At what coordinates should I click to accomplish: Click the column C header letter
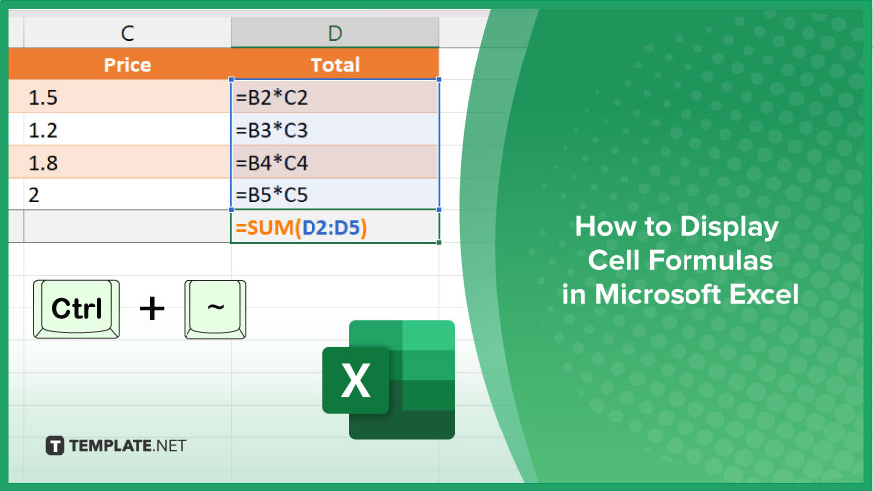pyautogui.click(x=128, y=34)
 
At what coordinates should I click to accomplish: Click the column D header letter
pyautogui.click(x=335, y=34)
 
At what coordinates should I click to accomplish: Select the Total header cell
pyautogui.click(x=335, y=64)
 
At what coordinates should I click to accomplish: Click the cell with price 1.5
pyautogui.click(x=120, y=97)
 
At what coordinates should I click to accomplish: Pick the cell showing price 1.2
pyautogui.click(x=120, y=130)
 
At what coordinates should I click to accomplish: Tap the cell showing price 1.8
pyautogui.click(x=120, y=162)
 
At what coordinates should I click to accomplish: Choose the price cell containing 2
pyautogui.click(x=120, y=194)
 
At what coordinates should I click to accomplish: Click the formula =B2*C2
pyautogui.click(x=272, y=98)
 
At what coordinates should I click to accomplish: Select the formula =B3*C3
pyautogui.click(x=272, y=130)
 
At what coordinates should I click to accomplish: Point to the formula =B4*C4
pyautogui.click(x=272, y=163)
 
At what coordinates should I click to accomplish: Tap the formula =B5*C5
pyautogui.click(x=272, y=194)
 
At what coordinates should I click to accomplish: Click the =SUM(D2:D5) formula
pyautogui.click(x=302, y=227)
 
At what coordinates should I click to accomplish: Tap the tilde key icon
pyautogui.click(x=215, y=308)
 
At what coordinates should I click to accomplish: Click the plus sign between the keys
pyautogui.click(x=152, y=308)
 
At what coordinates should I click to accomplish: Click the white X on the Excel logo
pyautogui.click(x=355, y=380)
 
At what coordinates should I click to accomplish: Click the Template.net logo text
pyautogui.click(x=128, y=446)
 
